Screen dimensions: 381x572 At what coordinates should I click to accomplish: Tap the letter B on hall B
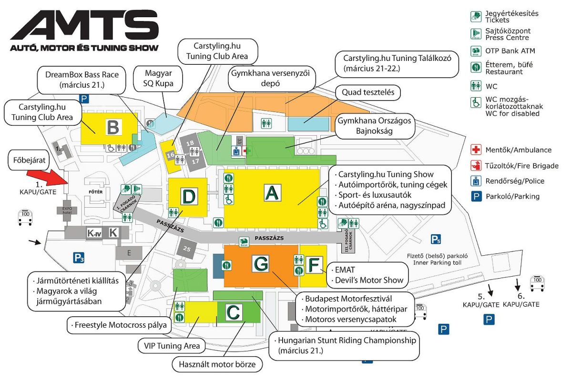pos(113,128)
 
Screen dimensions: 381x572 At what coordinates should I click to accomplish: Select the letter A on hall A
pos(271,193)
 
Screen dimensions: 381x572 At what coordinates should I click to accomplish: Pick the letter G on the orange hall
pos(261,263)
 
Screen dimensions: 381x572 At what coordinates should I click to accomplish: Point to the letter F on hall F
pos(313,265)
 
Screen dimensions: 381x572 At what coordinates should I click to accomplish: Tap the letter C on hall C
pos(234,312)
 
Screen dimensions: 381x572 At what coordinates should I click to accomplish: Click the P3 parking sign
pos(79,258)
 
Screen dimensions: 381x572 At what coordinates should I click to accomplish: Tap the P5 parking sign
pos(436,240)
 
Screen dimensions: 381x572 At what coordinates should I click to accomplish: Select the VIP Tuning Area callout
pos(169,346)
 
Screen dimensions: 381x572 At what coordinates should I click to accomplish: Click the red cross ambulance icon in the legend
pos(475,150)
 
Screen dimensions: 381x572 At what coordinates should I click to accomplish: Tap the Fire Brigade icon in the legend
pos(475,166)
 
